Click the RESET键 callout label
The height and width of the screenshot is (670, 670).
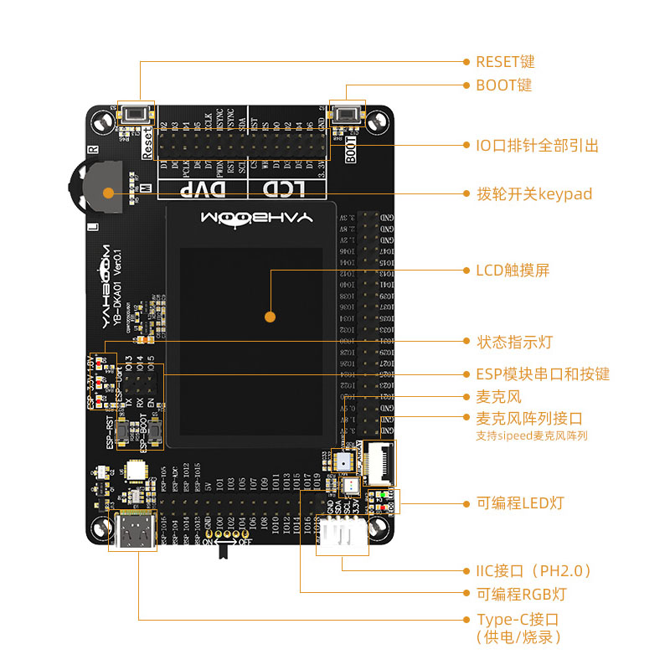pyautogui.click(x=504, y=62)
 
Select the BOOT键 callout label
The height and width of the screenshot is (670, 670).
pyautogui.click(x=503, y=85)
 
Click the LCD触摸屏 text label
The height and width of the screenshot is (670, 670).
pyautogui.click(x=513, y=271)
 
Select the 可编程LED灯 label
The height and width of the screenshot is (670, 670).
pyautogui.click(x=519, y=503)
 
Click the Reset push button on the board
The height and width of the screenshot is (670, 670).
pyautogui.click(x=137, y=115)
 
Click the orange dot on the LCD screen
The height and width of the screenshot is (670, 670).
pyautogui.click(x=270, y=317)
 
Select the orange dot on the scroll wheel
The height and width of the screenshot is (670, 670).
pyautogui.click(x=107, y=193)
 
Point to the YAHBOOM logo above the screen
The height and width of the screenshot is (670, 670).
pyautogui.click(x=256, y=218)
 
